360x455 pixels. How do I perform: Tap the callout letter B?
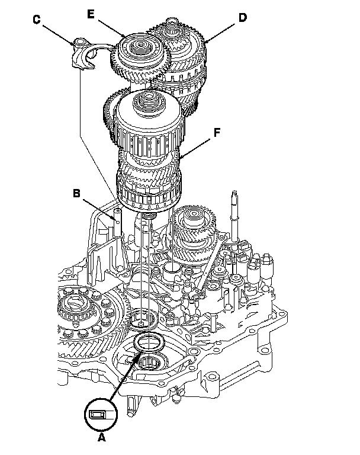coord(77,193)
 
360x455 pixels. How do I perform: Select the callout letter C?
coord(37,20)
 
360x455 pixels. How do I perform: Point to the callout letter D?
coord(243,17)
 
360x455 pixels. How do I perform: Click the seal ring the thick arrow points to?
coord(148,342)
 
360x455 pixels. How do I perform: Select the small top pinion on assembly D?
coord(177,26)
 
